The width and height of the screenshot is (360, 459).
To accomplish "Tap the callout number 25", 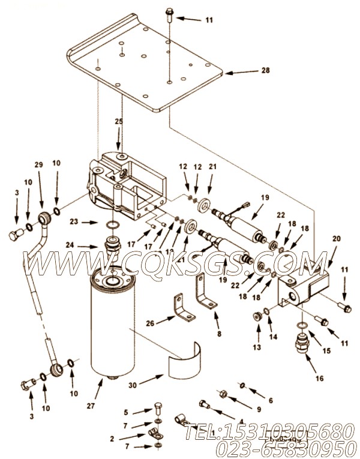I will coord(119,122).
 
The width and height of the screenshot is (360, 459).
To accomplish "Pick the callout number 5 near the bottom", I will coord(126,412).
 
